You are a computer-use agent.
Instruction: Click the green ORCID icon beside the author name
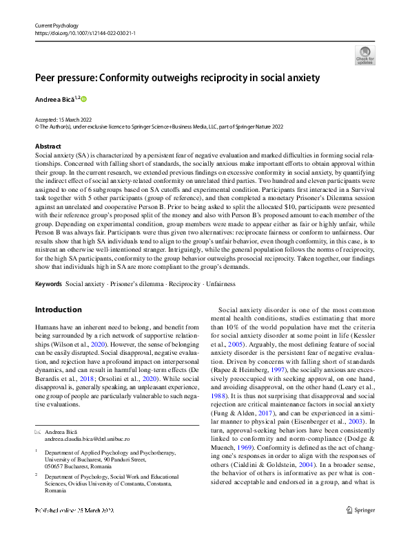(x=84, y=99)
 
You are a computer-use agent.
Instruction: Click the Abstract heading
(x=49, y=146)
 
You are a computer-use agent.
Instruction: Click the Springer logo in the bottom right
(x=362, y=529)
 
